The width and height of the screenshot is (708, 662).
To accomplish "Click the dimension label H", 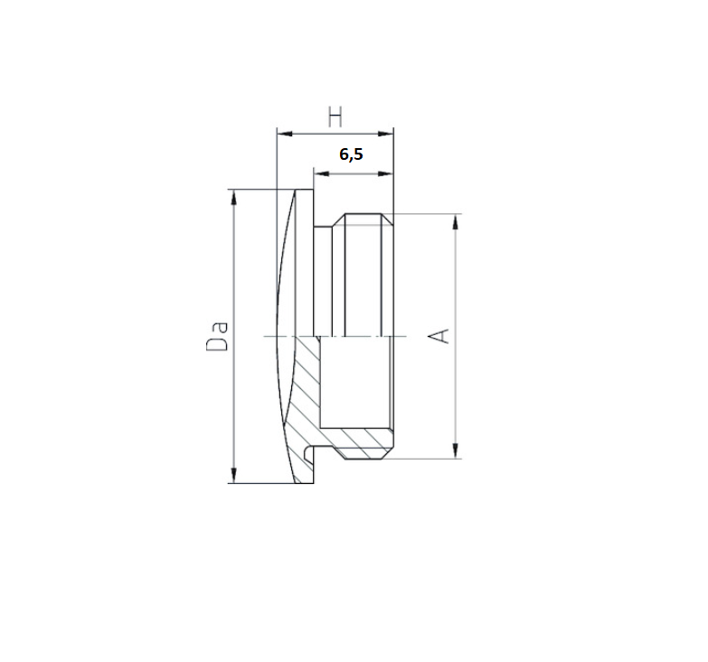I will click(x=335, y=117).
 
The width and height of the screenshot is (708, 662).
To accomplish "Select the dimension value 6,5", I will click(x=351, y=154).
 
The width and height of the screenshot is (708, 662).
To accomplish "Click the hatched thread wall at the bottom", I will click(x=366, y=444).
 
